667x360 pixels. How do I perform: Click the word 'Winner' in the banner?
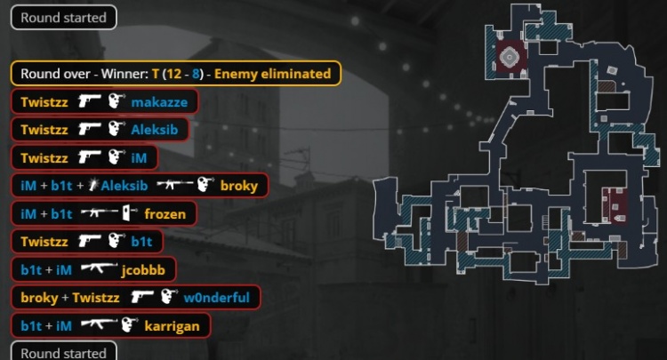coord(125,74)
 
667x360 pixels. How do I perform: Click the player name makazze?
coord(159,102)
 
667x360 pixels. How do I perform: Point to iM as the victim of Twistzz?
coord(139,158)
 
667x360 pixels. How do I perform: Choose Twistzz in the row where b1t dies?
coord(41,242)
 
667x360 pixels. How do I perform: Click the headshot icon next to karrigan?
coord(129,326)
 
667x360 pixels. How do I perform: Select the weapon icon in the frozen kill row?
coord(100,214)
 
